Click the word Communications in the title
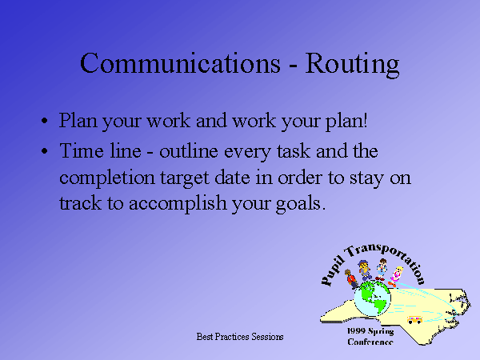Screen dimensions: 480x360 click(x=180, y=62)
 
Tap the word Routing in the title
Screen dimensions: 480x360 click(x=352, y=65)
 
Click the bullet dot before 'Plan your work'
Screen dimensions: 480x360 click(x=44, y=121)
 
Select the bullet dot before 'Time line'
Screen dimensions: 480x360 click(x=44, y=151)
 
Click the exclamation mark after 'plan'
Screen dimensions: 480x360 click(x=365, y=120)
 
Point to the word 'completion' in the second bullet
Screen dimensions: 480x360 click(x=107, y=178)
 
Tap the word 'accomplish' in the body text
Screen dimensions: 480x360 click(x=178, y=203)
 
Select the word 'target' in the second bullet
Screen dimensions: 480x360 click(x=185, y=179)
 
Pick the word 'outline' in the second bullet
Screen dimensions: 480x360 click(x=189, y=150)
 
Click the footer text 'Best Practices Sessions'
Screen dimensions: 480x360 click(x=240, y=337)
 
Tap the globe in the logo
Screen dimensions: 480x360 click(x=372, y=298)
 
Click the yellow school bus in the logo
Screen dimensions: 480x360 click(x=414, y=319)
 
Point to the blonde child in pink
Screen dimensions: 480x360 click(x=395, y=277)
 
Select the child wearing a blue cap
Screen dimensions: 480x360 click(x=364, y=270)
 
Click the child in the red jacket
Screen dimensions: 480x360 click(x=351, y=279)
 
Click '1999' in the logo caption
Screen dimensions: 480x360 click(x=356, y=331)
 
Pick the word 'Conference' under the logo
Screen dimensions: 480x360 click(x=370, y=342)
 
